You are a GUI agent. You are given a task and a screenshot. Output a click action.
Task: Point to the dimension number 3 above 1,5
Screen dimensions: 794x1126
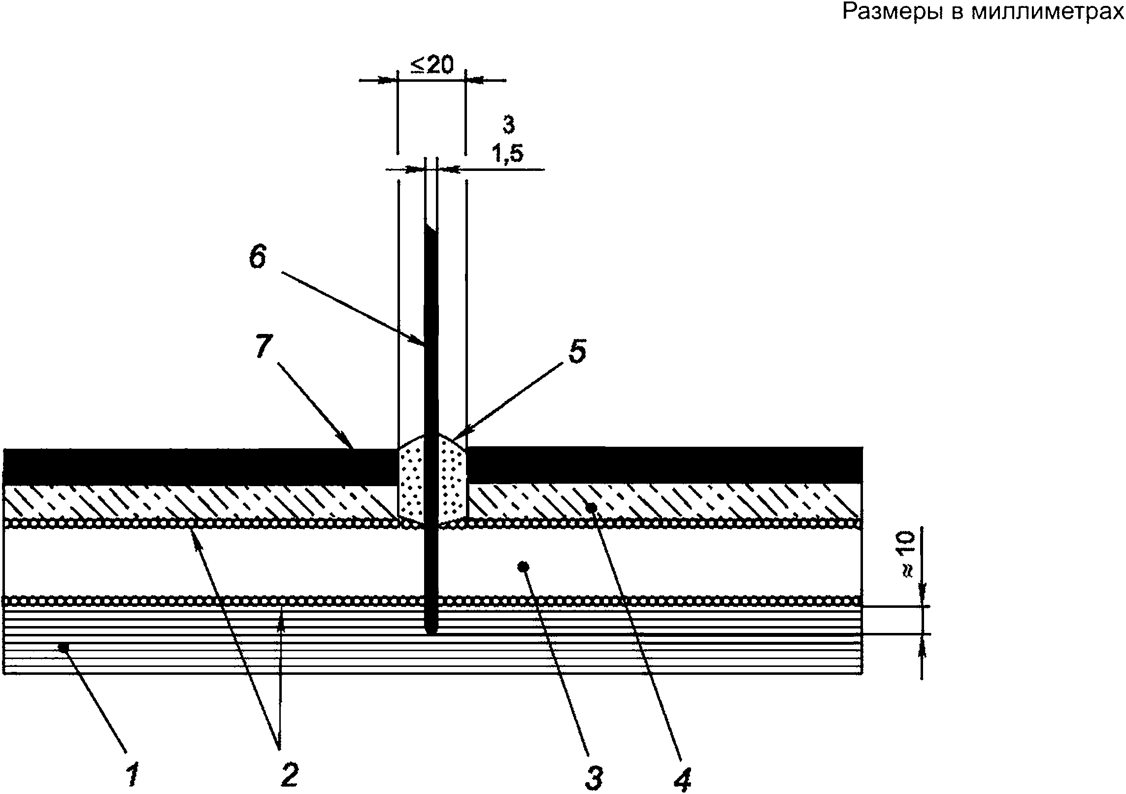pyautogui.click(x=508, y=126)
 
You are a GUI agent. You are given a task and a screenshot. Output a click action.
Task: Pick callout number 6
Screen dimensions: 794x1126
pyautogui.click(x=257, y=257)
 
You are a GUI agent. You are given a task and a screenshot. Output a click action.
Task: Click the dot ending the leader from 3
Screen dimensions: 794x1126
pyautogui.click(x=524, y=567)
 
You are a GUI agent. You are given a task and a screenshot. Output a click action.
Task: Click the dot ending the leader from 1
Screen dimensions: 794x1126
pyautogui.click(x=63, y=646)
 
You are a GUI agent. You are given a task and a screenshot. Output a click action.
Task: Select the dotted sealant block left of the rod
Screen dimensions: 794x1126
pyautogui.click(x=411, y=478)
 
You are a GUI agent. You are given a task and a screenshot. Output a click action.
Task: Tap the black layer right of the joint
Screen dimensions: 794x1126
pyautogui.click(x=665, y=464)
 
